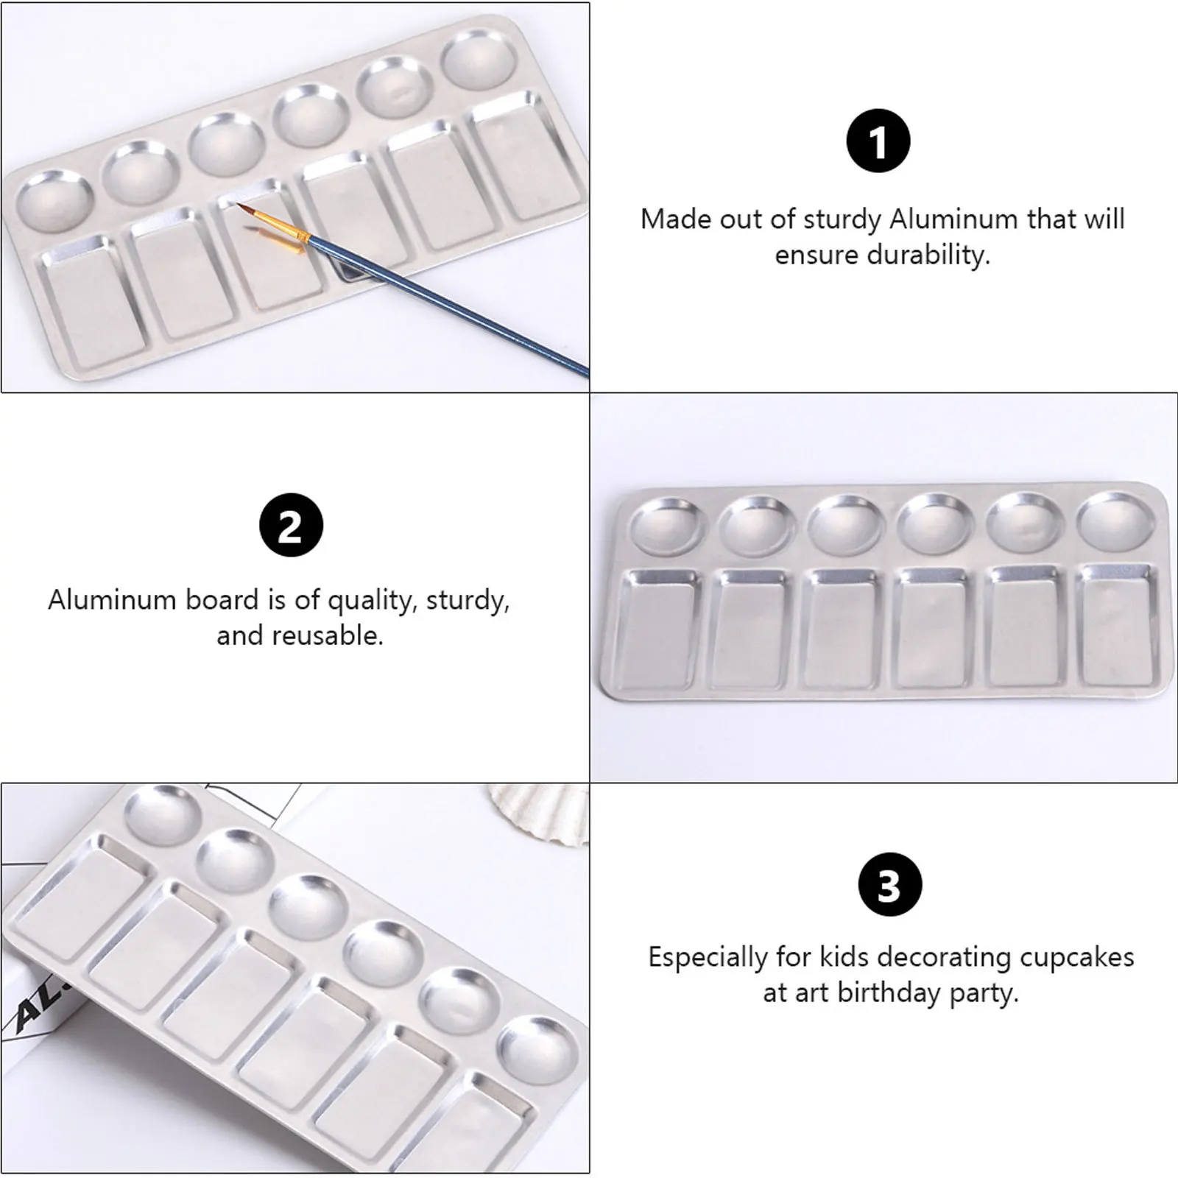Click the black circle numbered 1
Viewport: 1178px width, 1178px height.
point(878,141)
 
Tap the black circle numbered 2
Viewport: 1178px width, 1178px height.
point(291,525)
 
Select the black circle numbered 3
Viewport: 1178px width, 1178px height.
point(889,884)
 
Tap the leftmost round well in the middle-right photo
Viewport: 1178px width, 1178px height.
point(667,526)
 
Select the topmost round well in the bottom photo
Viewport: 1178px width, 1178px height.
point(162,815)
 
